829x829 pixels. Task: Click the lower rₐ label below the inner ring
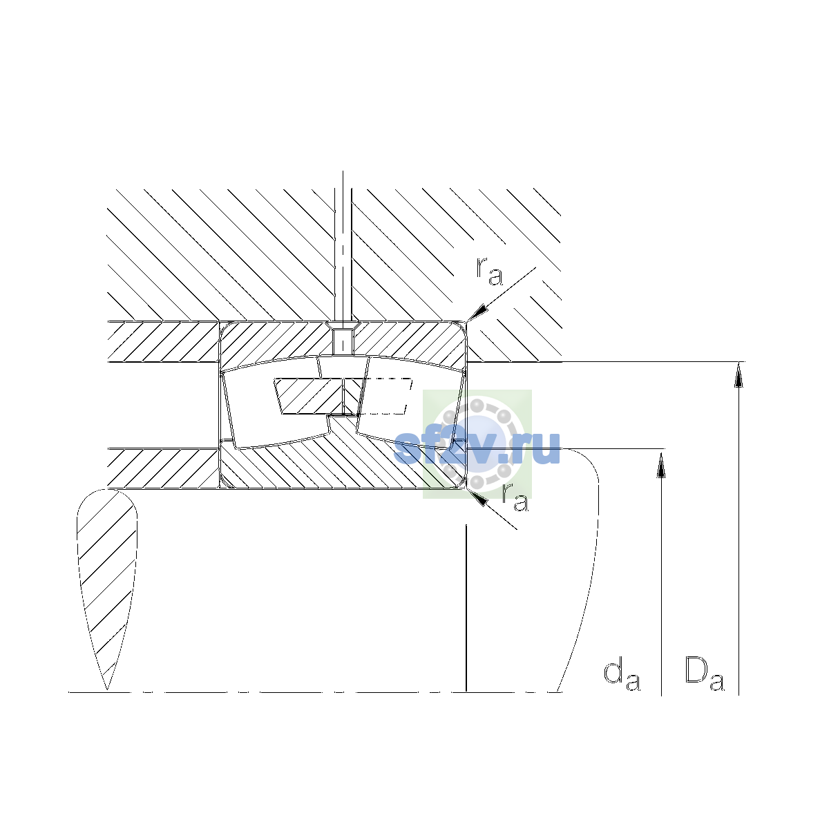pyautogui.click(x=515, y=497)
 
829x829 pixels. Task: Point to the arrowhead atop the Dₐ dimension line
pyautogui.click(x=739, y=374)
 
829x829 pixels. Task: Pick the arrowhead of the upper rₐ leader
pyautogui.click(x=478, y=313)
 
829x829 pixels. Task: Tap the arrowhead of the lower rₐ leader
pyautogui.click(x=477, y=497)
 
